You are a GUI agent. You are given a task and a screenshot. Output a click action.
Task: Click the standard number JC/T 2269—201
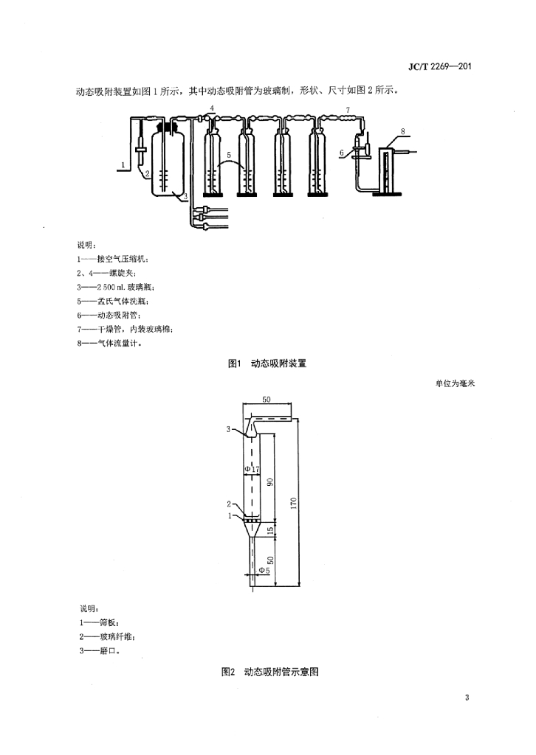439,66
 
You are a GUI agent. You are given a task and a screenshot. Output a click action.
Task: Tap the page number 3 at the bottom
467,697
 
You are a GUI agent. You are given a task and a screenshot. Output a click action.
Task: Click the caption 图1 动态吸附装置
267,363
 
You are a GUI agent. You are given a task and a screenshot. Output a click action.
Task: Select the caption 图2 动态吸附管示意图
270,672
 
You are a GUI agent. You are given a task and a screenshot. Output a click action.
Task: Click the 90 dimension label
270,481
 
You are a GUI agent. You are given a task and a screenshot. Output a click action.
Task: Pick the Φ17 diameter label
252,468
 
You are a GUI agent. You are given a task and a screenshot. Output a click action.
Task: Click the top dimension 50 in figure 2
267,400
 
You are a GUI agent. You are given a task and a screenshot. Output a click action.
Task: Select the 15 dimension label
270,530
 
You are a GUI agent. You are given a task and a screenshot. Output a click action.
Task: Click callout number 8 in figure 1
403,131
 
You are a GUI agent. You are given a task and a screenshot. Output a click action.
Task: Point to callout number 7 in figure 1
348,111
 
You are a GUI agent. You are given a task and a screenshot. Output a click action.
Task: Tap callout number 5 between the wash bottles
229,155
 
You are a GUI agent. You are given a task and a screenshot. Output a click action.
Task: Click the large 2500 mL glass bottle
167,163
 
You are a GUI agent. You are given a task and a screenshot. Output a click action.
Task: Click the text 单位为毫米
455,383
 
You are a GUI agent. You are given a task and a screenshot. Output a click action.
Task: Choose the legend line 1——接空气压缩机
113,259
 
